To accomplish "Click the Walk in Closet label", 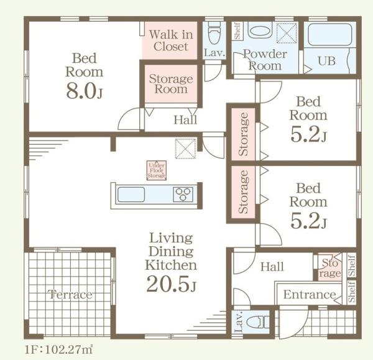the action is click(171, 40).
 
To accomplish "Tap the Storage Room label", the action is click(171, 84).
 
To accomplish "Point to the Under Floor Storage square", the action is click(156, 170).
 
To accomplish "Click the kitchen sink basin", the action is click(131, 195).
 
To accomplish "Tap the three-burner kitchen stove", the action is click(183, 195).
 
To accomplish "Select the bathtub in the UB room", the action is click(330, 34).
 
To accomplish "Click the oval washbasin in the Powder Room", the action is click(260, 31).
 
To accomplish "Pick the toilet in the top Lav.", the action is click(214, 34).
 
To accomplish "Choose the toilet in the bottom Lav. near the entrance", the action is click(258, 323).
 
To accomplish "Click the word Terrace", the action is click(70, 295).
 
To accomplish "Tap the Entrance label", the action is click(310, 295).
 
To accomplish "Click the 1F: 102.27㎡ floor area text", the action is click(58, 350).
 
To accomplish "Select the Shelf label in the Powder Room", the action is click(237, 31).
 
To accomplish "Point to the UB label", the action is click(326, 61).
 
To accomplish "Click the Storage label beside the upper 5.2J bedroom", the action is click(243, 134).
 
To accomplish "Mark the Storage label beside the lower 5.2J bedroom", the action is click(243, 192).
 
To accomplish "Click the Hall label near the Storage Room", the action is click(185, 119).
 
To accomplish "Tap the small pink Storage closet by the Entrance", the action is click(329, 268).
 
